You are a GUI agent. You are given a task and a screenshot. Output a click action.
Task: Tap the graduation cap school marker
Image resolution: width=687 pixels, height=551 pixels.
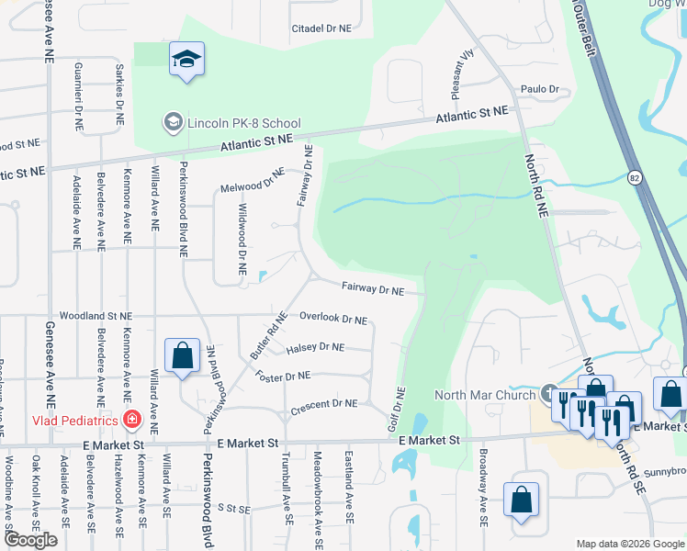click(186, 61)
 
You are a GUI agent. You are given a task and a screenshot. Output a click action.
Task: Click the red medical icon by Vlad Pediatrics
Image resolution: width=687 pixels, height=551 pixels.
click(132, 420)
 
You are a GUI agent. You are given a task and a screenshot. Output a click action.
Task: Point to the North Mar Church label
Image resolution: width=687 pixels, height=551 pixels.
click(484, 395)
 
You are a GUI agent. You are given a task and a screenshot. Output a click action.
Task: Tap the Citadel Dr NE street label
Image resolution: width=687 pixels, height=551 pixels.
click(321, 28)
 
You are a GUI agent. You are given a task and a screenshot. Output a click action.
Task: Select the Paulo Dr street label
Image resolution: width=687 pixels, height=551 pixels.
click(540, 89)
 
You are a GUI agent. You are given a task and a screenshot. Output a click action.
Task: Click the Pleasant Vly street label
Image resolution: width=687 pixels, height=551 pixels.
click(461, 67)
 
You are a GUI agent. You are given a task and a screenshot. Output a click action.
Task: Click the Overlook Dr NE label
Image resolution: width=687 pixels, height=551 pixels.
click(333, 320)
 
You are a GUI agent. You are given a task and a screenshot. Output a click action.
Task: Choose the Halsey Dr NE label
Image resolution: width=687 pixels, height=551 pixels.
click(315, 348)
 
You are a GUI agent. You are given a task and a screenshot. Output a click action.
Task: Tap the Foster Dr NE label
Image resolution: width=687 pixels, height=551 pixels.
click(283, 376)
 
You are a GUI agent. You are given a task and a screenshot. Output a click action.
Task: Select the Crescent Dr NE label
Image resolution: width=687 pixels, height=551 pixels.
click(323, 403)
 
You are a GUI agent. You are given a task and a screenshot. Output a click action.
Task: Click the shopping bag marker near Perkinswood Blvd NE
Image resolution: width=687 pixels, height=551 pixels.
click(182, 355)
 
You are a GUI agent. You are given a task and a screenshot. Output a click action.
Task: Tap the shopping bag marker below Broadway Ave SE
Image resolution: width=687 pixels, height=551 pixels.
click(521, 500)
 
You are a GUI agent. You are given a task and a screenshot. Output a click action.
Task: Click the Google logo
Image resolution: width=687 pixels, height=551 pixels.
click(30, 540)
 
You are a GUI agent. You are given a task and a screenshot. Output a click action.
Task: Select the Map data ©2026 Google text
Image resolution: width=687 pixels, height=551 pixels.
click(629, 544)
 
